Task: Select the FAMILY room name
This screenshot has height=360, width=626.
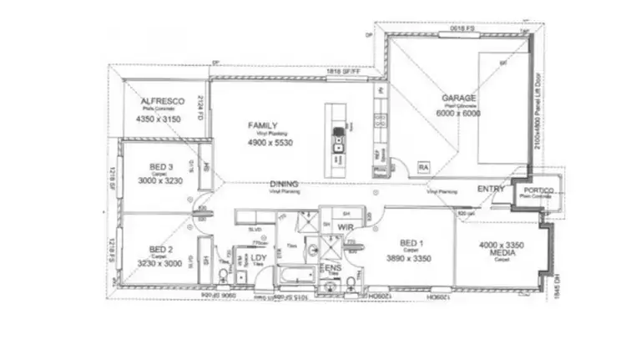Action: pyautogui.click(x=262, y=126)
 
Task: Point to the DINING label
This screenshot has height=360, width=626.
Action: pyautogui.click(x=285, y=183)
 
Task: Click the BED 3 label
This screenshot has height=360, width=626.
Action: pyautogui.click(x=161, y=166)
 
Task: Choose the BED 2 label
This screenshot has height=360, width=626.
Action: pyautogui.click(x=161, y=249)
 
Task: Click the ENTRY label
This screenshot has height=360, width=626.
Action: pyautogui.click(x=491, y=190)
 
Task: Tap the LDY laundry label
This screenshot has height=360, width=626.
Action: pyautogui.click(x=258, y=258)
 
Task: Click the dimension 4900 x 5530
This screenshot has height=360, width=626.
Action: pyautogui.click(x=272, y=142)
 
